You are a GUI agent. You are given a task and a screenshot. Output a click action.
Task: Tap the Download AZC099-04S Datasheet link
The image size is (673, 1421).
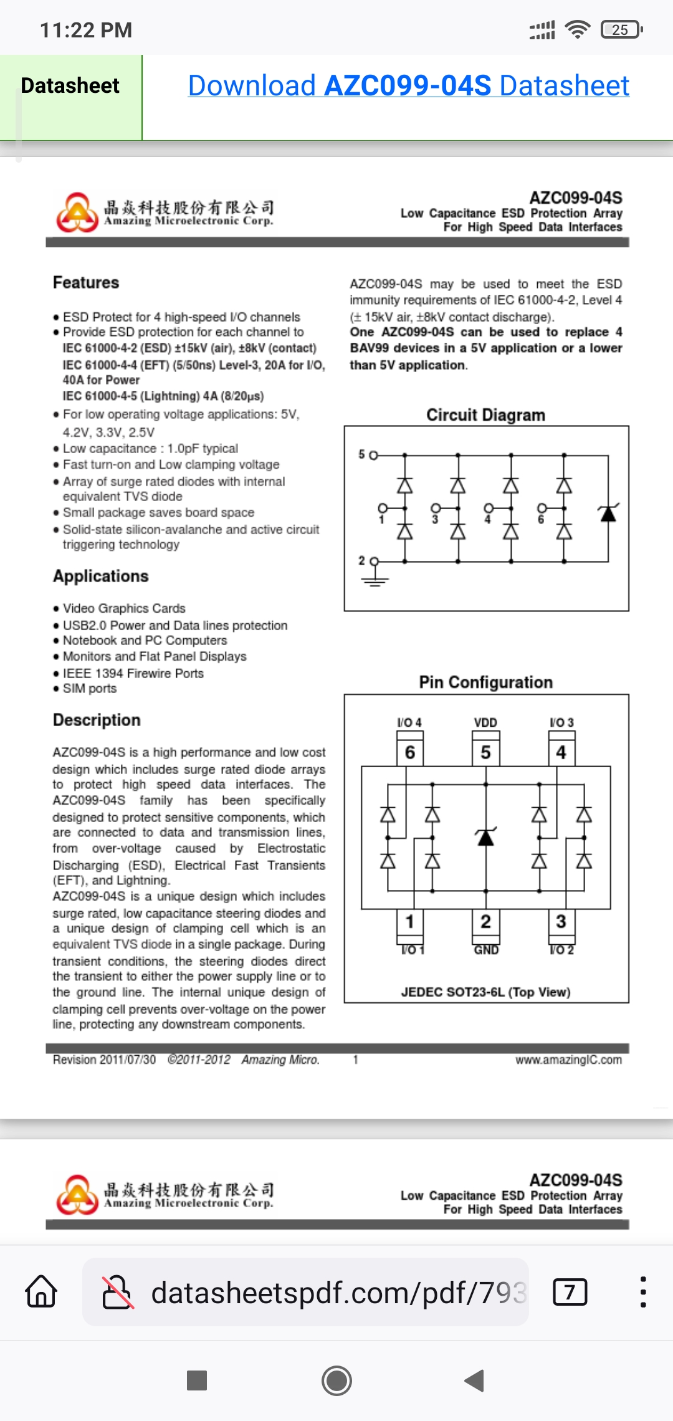409,85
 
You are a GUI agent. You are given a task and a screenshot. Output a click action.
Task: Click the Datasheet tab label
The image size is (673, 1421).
70,85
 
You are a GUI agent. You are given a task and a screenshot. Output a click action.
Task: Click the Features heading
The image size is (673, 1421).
86,282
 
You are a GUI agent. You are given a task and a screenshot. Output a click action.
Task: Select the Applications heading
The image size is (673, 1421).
101,577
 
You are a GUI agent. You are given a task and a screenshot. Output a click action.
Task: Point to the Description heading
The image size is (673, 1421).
97,720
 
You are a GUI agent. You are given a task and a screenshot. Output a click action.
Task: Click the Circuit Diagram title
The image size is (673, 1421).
486,415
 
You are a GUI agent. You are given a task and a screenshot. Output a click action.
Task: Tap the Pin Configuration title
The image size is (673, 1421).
486,682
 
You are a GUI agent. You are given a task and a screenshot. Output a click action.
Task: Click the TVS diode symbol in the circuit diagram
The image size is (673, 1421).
608,513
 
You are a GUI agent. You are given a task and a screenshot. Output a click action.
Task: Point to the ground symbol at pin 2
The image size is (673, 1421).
375,579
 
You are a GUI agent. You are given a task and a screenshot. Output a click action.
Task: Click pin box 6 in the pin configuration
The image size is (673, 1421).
410,752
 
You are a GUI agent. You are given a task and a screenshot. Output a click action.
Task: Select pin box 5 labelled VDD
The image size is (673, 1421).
485,752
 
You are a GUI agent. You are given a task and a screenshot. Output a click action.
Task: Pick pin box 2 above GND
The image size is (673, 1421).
485,921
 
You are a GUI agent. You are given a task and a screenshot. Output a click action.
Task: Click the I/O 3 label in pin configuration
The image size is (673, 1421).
561,722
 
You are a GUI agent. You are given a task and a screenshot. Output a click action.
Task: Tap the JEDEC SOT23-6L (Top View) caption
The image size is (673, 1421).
486,992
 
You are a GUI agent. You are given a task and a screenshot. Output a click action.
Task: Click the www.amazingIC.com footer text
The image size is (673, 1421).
568,1060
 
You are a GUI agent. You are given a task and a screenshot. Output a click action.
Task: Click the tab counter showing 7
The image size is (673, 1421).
570,1292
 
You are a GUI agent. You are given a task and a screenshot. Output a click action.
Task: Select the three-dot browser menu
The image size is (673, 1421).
643,1291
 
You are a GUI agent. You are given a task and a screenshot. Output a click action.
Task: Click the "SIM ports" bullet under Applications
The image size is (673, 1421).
90,689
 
